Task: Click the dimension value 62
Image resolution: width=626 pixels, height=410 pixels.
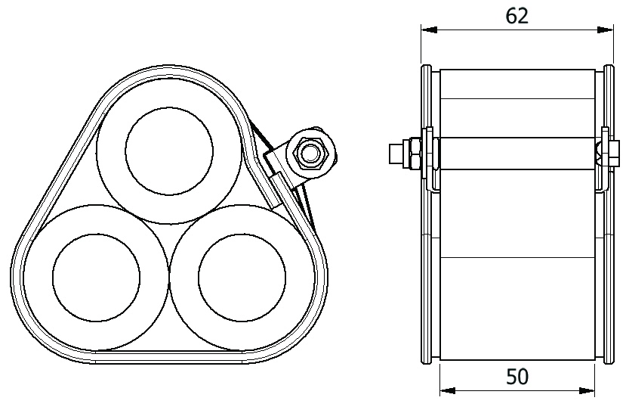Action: (x=517, y=17)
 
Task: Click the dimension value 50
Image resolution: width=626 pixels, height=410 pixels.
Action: (x=517, y=377)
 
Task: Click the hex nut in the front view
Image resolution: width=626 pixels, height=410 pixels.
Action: (x=310, y=152)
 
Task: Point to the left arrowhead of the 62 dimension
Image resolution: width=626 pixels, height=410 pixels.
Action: (x=429, y=30)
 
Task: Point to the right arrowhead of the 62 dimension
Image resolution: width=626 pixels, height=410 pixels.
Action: (x=606, y=30)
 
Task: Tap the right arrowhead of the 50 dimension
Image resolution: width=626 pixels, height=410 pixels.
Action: (x=587, y=390)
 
